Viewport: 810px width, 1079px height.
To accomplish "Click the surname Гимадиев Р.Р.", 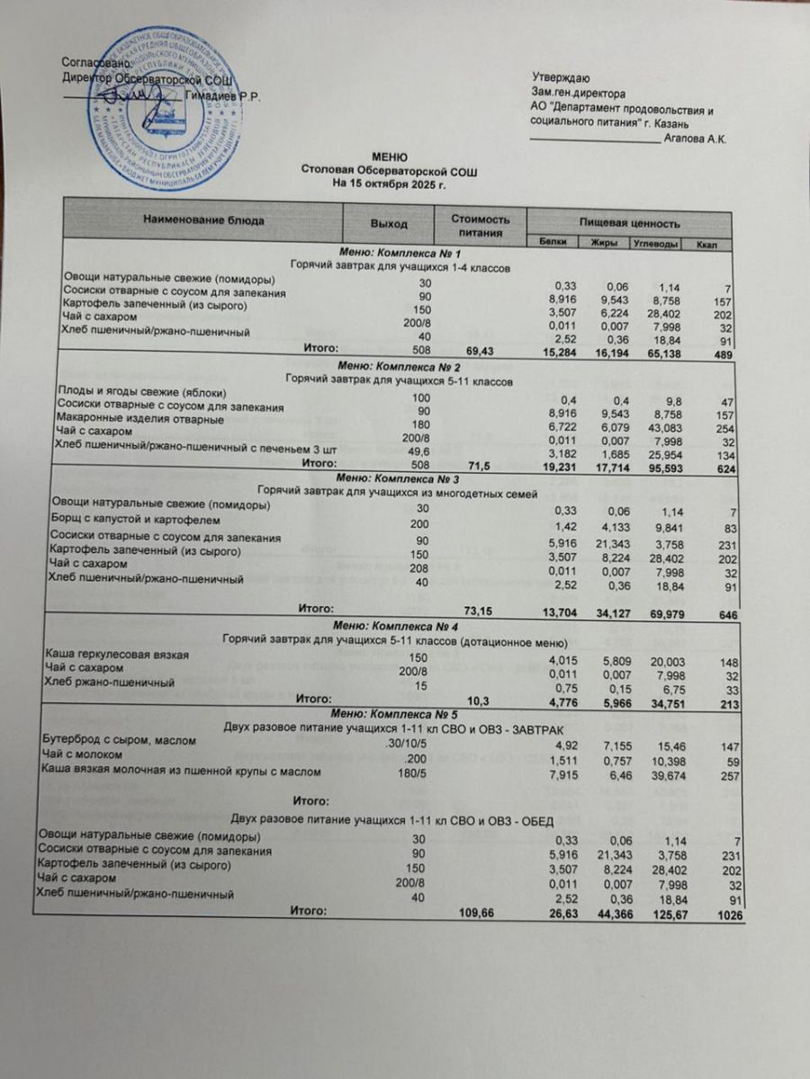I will [222, 98].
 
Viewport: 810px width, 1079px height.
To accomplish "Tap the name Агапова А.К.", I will [694, 138].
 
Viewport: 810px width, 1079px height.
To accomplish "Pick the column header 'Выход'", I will [389, 223].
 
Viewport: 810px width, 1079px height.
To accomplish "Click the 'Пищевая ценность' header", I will [629, 222].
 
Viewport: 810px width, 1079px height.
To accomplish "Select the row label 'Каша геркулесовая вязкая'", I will [116, 655].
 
